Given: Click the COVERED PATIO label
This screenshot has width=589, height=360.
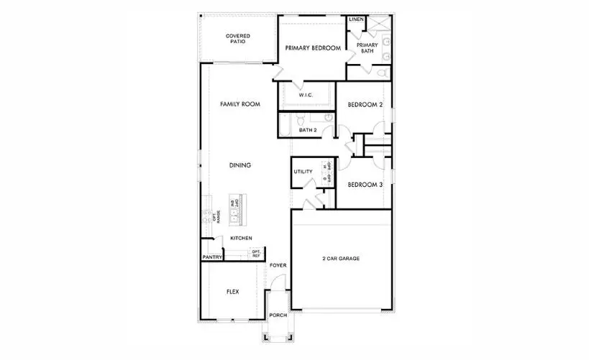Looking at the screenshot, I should [x=237, y=39].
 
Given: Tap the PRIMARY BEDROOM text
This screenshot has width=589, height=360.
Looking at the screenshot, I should [x=312, y=48].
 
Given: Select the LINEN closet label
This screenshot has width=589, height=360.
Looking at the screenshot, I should [x=356, y=20].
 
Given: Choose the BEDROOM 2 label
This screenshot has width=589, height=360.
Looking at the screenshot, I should [x=365, y=105].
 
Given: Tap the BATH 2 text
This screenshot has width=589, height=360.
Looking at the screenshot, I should [x=309, y=130].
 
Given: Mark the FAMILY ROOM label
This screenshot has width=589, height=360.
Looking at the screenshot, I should [x=239, y=104].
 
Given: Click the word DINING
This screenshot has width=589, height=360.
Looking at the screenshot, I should [x=239, y=165].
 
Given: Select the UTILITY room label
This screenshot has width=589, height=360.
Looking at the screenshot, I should [x=302, y=172].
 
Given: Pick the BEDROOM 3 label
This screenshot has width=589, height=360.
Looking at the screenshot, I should [x=365, y=185].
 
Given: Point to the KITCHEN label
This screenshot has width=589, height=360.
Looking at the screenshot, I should [x=240, y=239].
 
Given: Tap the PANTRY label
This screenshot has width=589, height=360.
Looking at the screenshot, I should [x=211, y=257].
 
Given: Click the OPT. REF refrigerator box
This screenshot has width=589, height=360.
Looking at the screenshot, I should [x=256, y=254].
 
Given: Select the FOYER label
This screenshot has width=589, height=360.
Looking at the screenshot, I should [x=278, y=265].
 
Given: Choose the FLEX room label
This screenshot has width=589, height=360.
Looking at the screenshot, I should [x=232, y=292].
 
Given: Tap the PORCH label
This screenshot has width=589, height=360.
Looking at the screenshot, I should [x=278, y=315].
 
